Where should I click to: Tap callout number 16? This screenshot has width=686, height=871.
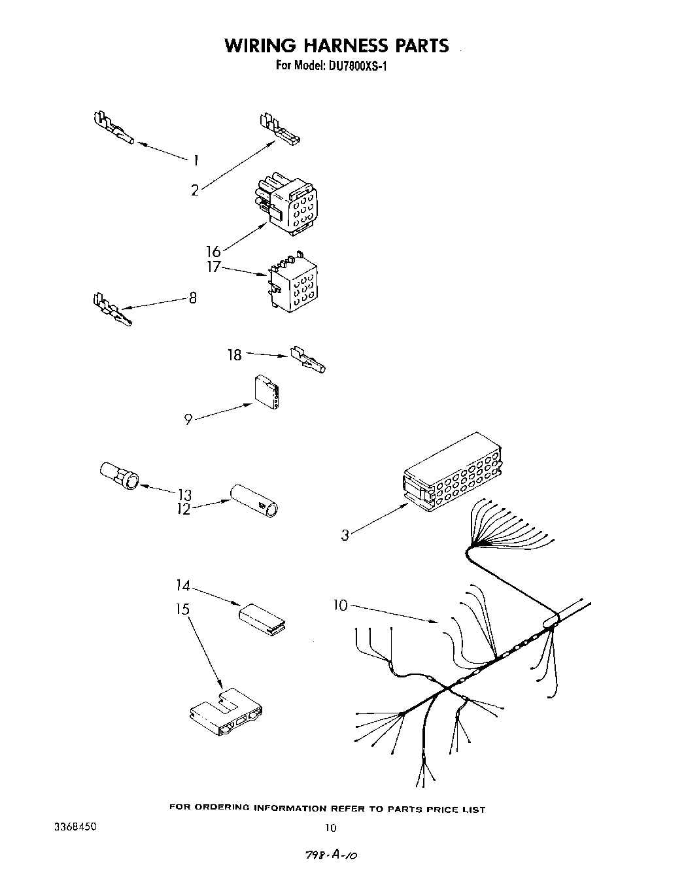(213, 251)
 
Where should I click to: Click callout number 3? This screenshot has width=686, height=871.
(345, 535)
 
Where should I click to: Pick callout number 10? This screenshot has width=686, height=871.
(341, 606)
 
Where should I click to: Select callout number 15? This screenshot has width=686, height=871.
(182, 609)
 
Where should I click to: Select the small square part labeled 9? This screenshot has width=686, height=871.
(267, 393)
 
